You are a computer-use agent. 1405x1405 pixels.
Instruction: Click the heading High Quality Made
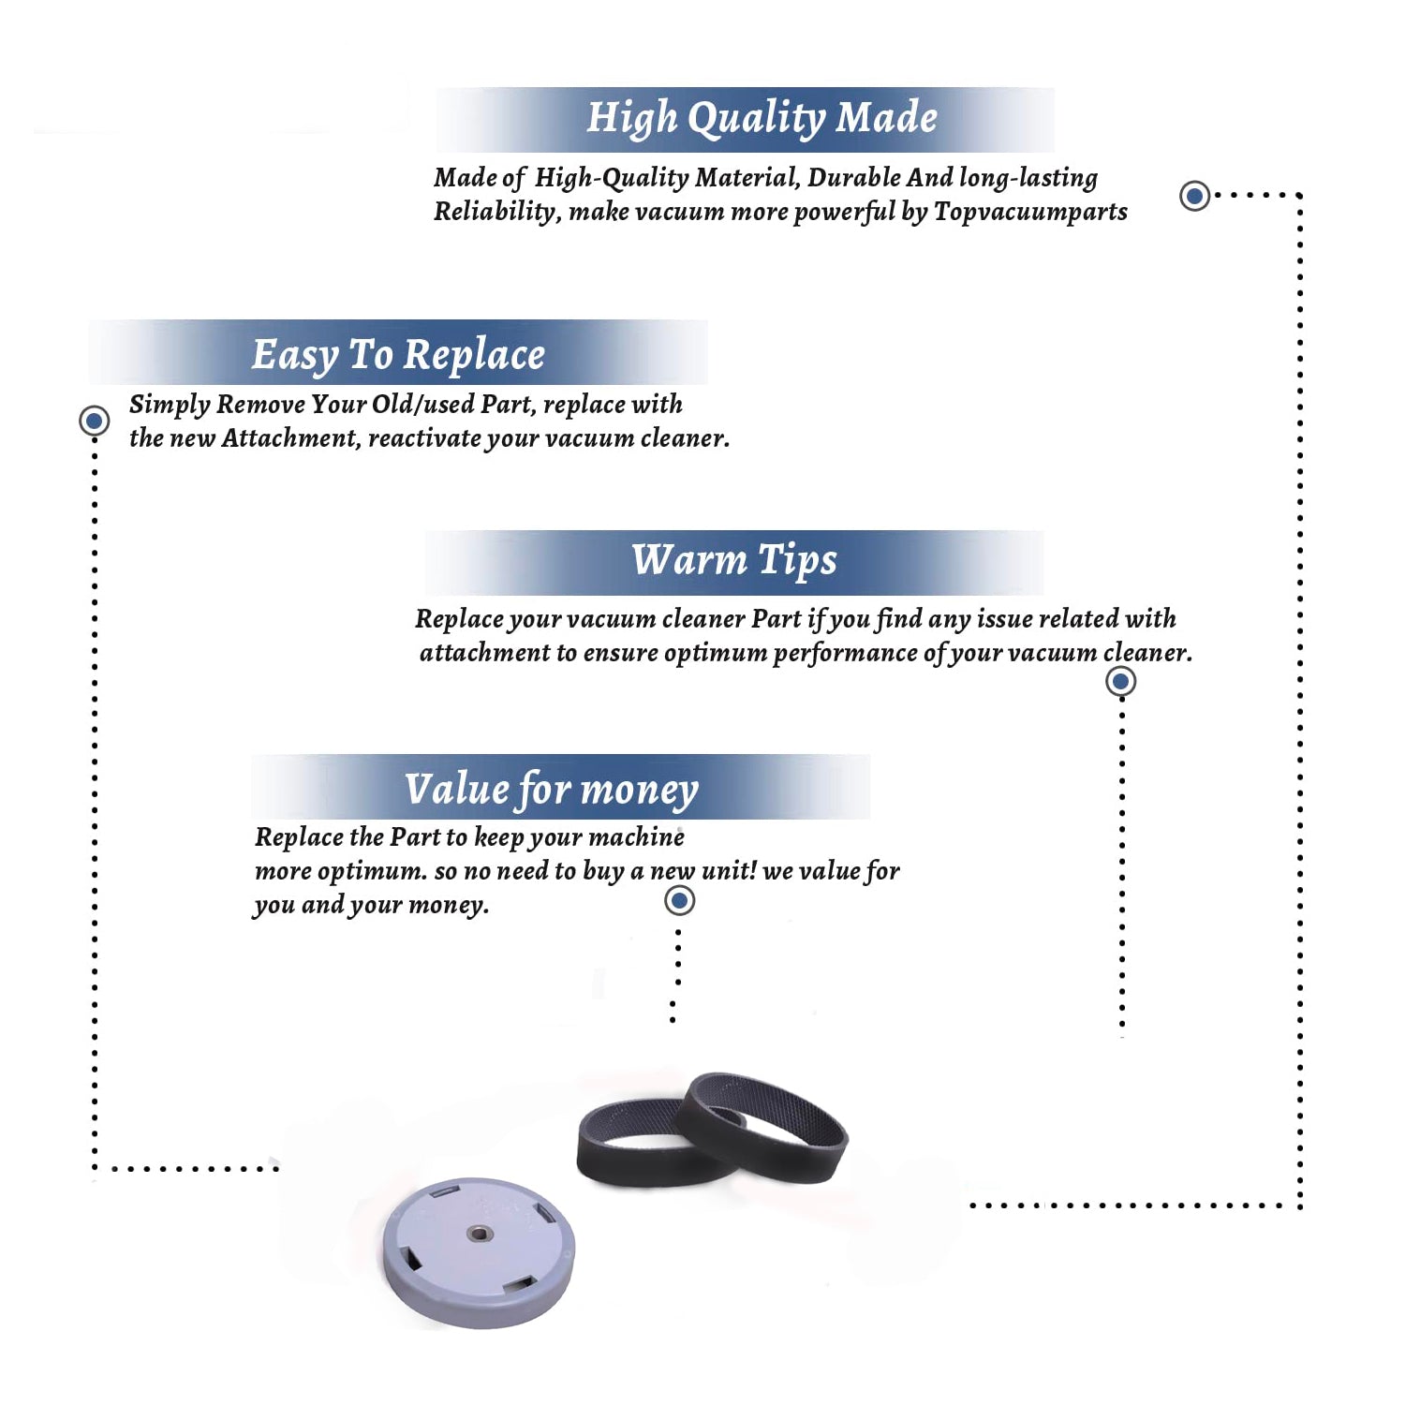(762, 119)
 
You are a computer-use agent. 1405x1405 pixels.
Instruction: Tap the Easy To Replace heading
(398, 355)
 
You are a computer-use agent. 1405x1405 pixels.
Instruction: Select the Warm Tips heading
(734, 560)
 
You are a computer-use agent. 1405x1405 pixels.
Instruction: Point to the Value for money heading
(552, 789)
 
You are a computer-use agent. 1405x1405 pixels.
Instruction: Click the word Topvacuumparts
(1030, 212)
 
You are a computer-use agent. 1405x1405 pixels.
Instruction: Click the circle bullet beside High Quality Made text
(1194, 196)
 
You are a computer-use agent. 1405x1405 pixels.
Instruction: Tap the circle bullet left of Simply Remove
(94, 421)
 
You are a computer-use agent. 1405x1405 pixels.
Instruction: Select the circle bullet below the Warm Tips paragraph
(1121, 681)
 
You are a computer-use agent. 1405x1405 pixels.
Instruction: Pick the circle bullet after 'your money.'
(679, 901)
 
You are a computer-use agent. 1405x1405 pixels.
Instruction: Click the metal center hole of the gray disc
(479, 1233)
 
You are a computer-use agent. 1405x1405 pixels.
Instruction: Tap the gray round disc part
(479, 1252)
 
